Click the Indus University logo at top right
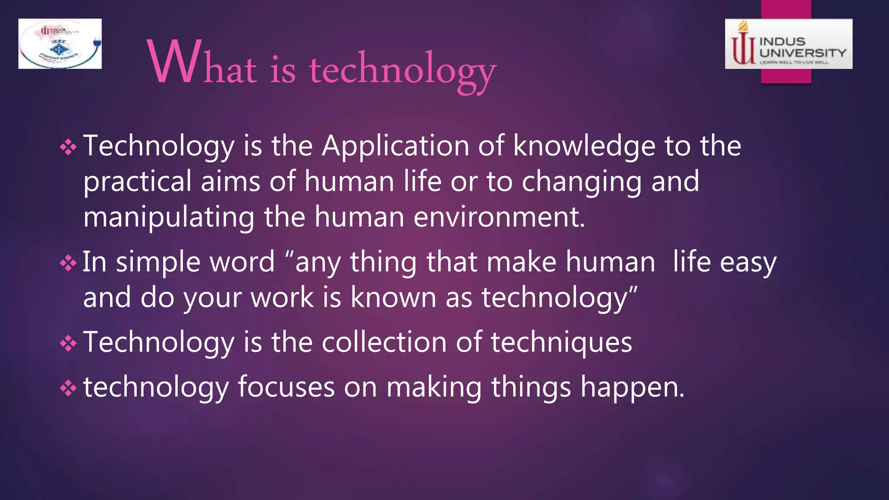(788, 44)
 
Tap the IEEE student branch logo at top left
(60, 44)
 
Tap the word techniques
(561, 343)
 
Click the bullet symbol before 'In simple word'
(68, 263)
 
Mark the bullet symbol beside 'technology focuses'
(68, 388)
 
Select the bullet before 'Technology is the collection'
(68, 343)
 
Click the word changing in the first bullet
(581, 182)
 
